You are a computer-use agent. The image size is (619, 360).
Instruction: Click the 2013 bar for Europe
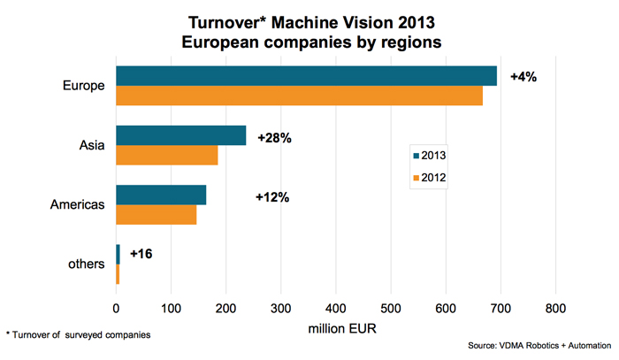(306, 76)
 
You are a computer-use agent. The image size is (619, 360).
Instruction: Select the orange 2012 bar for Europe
(299, 96)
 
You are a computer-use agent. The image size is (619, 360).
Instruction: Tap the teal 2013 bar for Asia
(180, 135)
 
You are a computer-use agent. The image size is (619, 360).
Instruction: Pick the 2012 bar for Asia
(166, 155)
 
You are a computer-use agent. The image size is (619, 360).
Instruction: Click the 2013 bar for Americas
(161, 195)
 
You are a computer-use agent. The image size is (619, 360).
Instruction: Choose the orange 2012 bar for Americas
(156, 214)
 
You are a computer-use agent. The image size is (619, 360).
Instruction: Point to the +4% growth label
(523, 77)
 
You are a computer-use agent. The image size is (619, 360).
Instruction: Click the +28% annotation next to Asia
(274, 139)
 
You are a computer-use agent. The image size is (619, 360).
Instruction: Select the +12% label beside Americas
(272, 196)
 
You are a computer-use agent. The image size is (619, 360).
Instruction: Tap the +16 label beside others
(141, 254)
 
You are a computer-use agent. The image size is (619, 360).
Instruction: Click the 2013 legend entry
(428, 157)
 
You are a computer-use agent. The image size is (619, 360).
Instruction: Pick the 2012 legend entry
(428, 178)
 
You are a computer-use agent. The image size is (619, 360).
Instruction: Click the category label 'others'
(87, 264)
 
